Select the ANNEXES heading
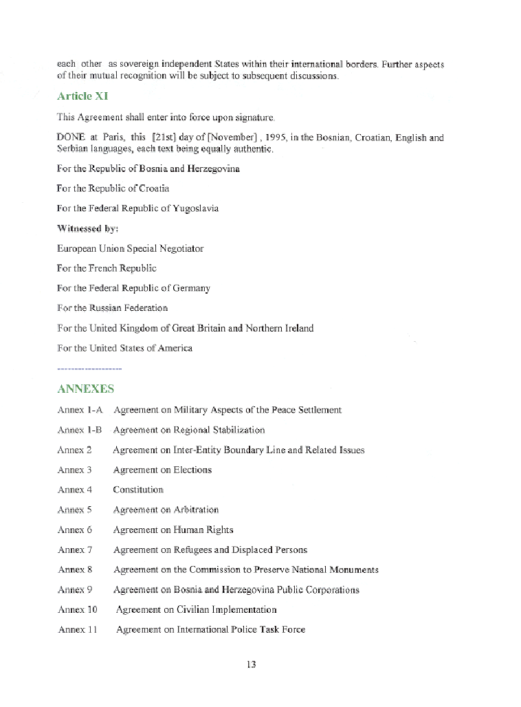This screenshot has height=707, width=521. [x=85, y=389]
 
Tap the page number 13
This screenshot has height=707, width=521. [x=250, y=664]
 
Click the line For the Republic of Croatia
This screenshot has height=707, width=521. [x=113, y=188]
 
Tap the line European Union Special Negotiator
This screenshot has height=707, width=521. [x=131, y=248]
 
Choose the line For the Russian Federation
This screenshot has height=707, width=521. [x=113, y=308]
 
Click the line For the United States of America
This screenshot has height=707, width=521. [x=124, y=348]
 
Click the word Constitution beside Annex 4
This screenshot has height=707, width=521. [x=138, y=490]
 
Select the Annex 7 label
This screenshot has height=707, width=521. [x=74, y=550]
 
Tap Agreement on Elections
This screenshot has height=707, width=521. [x=162, y=470]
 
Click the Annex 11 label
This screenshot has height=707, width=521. [x=77, y=629]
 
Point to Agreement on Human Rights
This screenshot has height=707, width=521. [x=173, y=530]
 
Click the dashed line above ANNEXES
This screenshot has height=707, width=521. [x=89, y=369]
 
